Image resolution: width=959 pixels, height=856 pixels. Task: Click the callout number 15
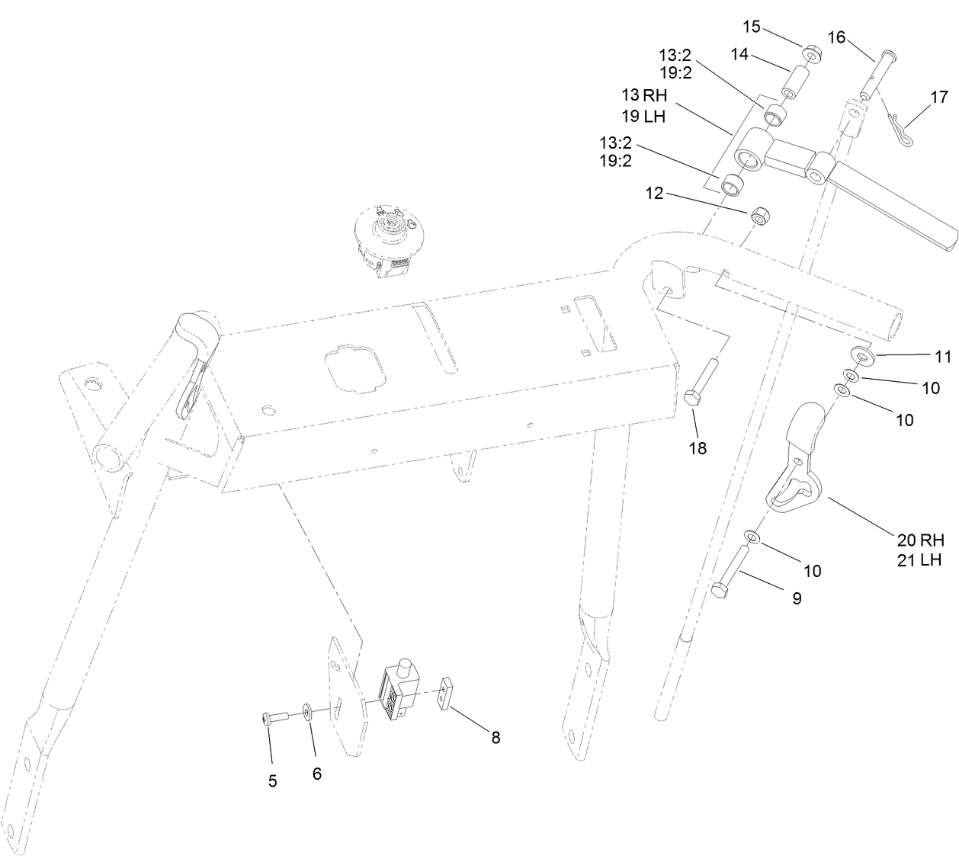[x=752, y=27]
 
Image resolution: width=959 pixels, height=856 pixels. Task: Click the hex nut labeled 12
[x=758, y=216]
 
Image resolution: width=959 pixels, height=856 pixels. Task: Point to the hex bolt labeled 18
[x=701, y=385]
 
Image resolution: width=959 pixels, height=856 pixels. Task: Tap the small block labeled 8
[x=447, y=694]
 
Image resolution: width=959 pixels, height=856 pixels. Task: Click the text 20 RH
[x=920, y=540]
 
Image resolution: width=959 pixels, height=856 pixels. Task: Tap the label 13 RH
[x=644, y=96]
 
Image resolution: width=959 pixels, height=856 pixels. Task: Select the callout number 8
[x=496, y=737]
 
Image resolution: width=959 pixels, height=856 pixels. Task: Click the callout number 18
[x=698, y=448]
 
